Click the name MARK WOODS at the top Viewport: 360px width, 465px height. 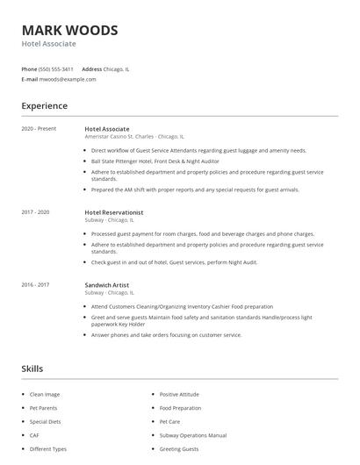(69, 31)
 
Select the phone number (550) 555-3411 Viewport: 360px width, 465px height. (57, 68)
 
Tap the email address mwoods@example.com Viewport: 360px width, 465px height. (68, 79)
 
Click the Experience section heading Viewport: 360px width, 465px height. (45, 106)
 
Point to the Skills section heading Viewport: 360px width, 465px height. (32, 369)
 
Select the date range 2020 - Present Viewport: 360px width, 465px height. (39, 129)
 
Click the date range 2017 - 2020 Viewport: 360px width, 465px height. (36, 212)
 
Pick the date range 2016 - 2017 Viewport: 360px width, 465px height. (36, 284)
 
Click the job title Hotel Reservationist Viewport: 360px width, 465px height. (114, 212)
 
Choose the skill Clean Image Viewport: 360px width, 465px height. (46, 395)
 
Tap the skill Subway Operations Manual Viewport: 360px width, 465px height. (193, 435)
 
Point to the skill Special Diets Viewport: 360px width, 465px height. (46, 422)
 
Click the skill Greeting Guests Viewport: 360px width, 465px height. (179, 449)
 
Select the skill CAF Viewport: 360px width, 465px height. (35, 435)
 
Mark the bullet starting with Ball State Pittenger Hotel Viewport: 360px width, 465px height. (155, 161)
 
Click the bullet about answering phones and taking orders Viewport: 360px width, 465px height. (166, 334)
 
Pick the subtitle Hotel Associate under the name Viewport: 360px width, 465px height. (48, 44)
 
